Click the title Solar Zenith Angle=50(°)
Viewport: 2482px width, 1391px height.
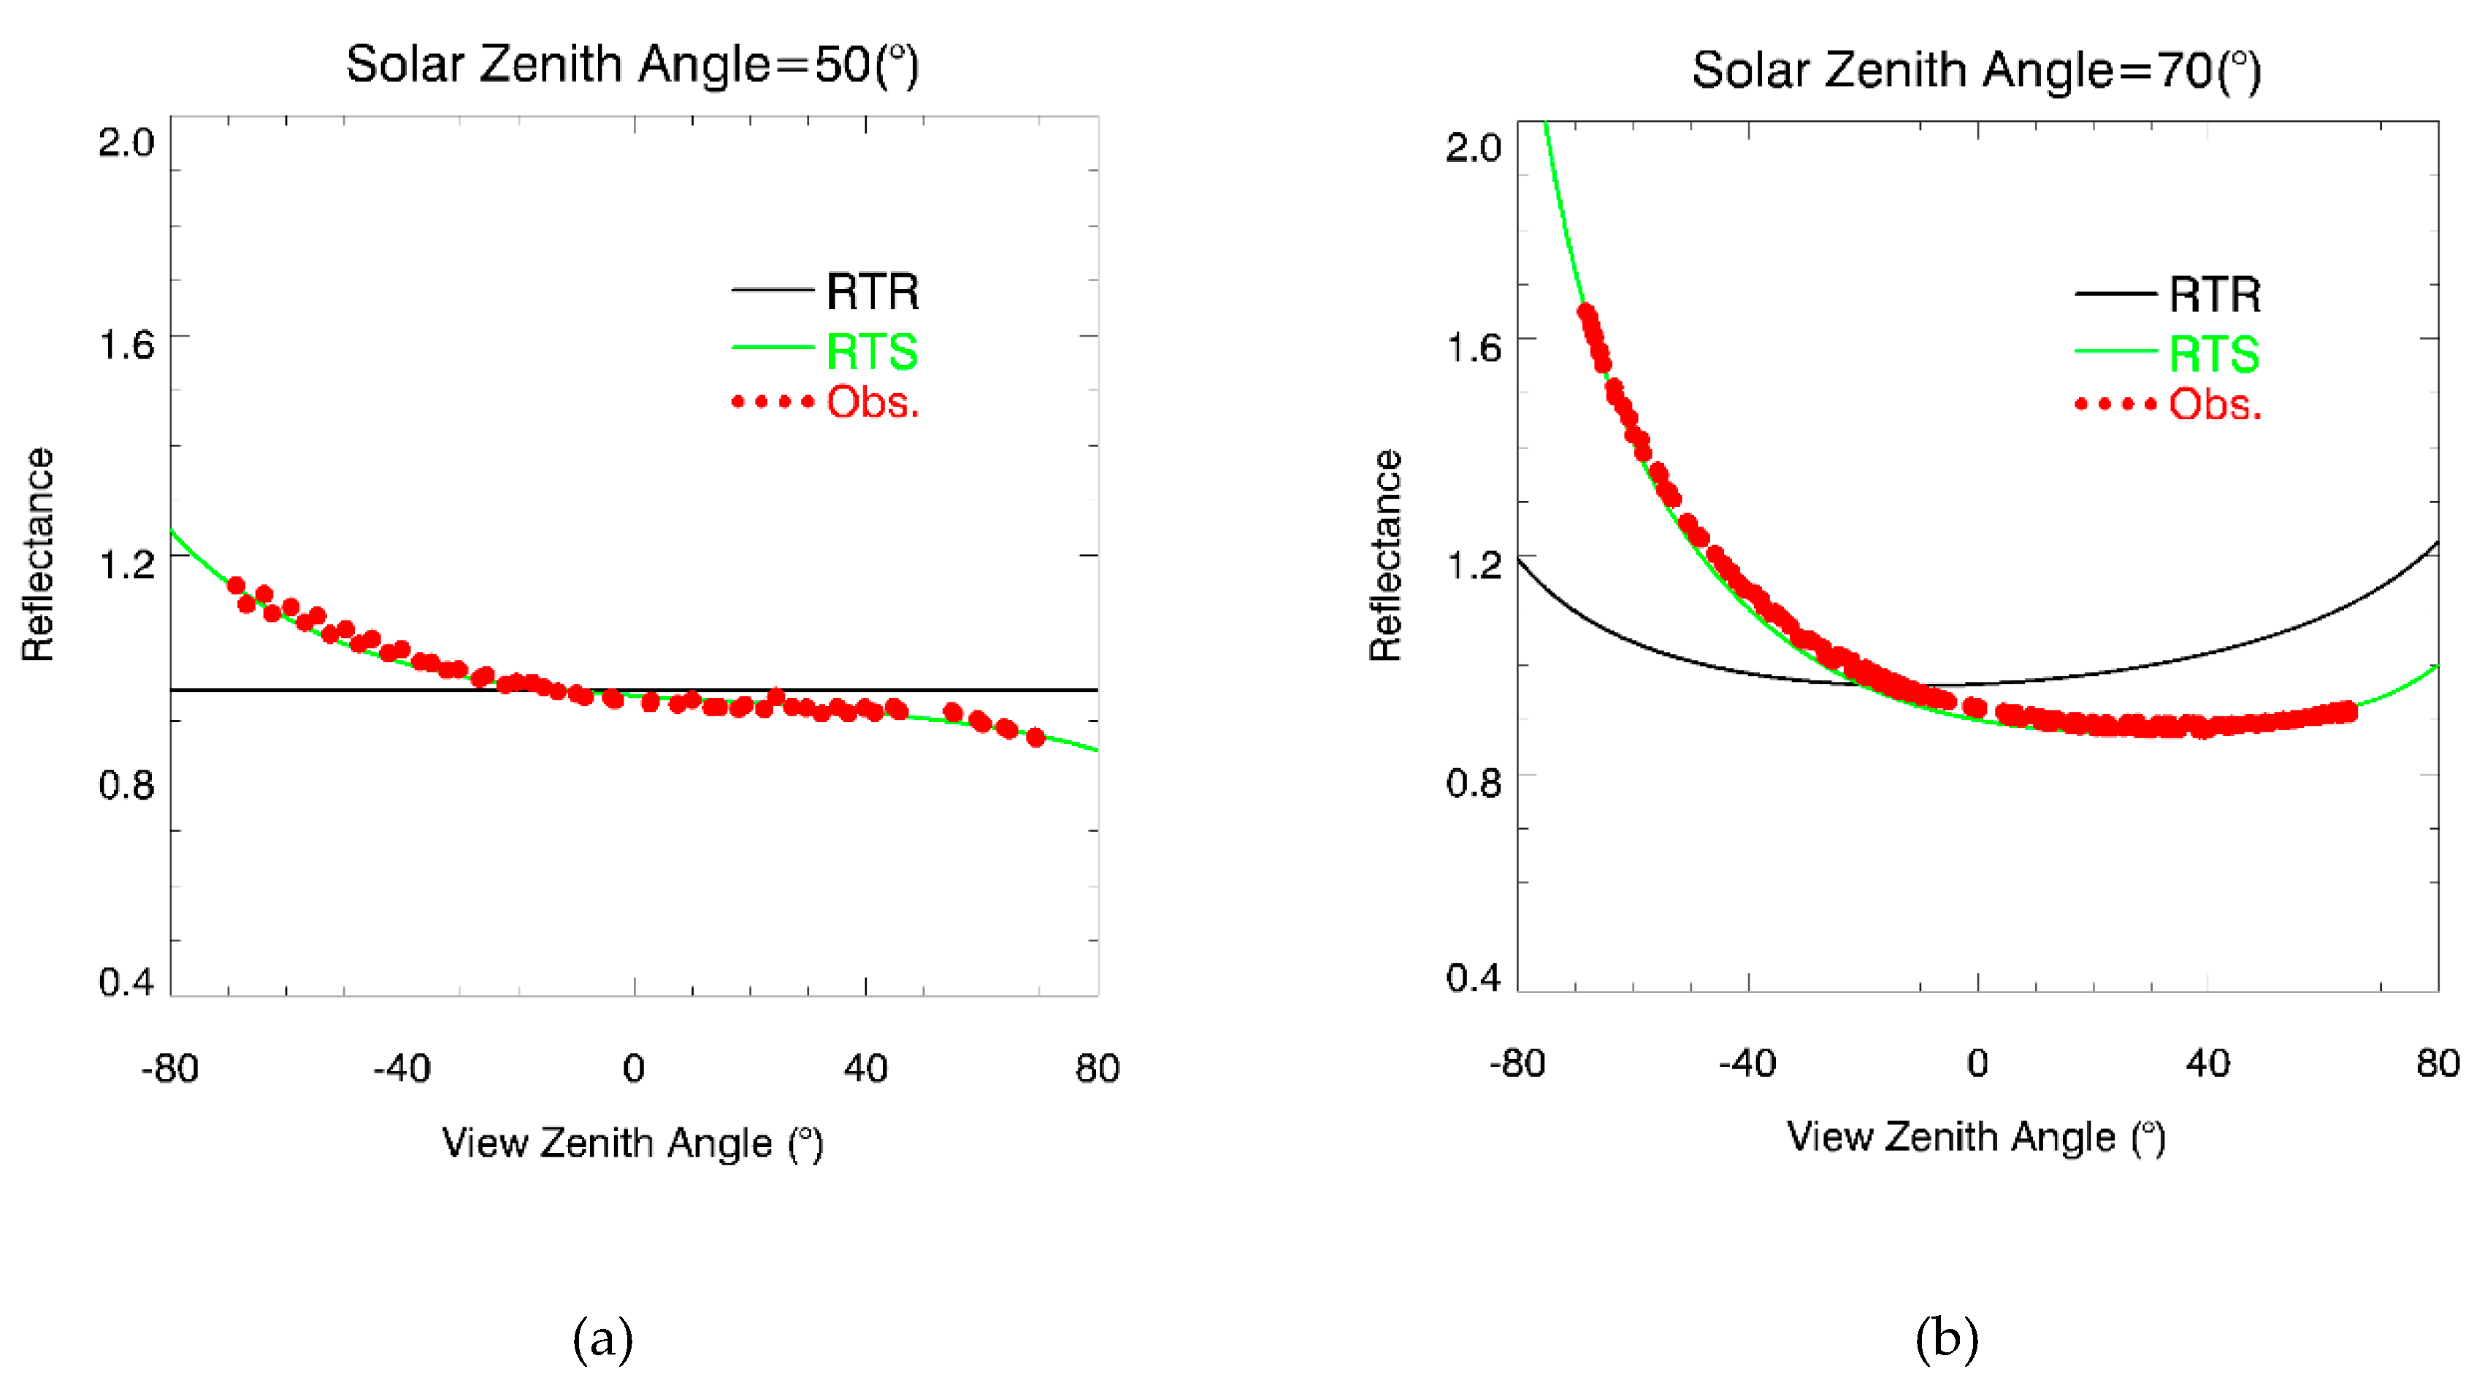tap(632, 66)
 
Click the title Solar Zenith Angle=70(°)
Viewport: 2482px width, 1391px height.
tap(1975, 70)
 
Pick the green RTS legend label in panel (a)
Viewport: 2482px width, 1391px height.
tap(871, 350)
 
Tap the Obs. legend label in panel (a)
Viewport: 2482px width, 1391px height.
tap(872, 402)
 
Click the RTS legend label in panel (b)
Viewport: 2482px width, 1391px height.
tap(2213, 353)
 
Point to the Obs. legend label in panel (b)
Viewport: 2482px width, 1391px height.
tap(2214, 405)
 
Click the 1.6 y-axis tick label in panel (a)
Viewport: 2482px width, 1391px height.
tap(126, 345)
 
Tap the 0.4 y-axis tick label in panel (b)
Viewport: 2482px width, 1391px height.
tap(1472, 978)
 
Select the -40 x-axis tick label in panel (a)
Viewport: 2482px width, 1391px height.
tap(402, 1068)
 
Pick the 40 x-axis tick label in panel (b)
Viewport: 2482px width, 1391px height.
tap(2207, 1063)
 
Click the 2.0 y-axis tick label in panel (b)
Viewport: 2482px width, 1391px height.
tap(1472, 147)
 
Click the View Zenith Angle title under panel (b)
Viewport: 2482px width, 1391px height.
tap(1975, 1138)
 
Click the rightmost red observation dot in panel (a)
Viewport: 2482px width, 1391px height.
tap(1035, 738)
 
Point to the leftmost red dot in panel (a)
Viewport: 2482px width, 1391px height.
tap(236, 586)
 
